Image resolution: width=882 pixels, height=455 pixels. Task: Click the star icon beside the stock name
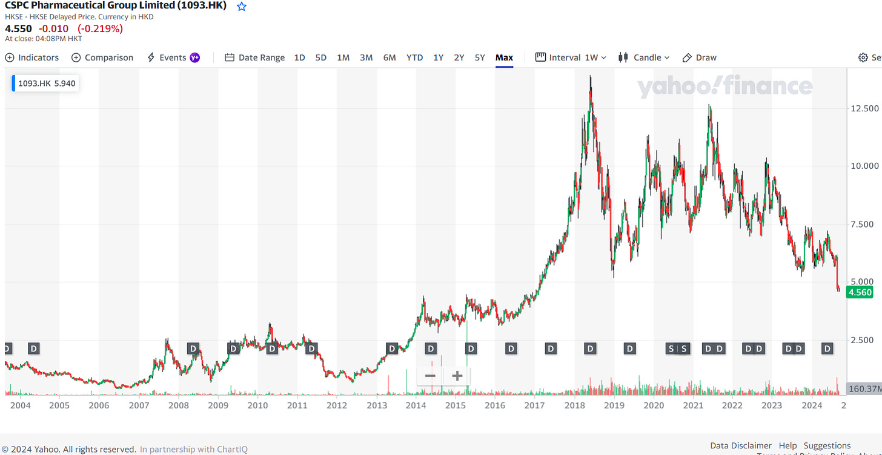(242, 7)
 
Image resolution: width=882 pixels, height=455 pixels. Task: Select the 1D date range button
(299, 57)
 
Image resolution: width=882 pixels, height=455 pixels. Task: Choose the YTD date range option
(414, 57)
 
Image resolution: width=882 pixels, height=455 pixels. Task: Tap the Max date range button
(504, 57)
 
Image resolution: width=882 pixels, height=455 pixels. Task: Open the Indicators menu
(32, 57)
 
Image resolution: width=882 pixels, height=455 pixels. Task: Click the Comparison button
(102, 57)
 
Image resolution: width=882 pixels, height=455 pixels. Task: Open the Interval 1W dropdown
(571, 57)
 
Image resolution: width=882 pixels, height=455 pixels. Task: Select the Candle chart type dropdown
(644, 57)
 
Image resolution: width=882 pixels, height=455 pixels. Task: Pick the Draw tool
(700, 57)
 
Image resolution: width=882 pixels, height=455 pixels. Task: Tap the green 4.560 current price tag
(860, 292)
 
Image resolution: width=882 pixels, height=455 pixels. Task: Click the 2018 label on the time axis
(574, 405)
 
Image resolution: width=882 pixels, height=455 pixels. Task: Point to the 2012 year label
(336, 405)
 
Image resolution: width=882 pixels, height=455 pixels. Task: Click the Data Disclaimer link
(741, 446)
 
